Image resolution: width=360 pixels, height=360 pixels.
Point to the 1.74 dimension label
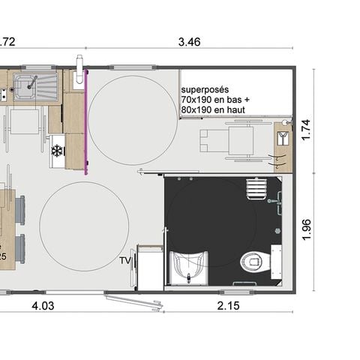[305, 129]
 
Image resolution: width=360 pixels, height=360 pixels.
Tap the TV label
[126, 261]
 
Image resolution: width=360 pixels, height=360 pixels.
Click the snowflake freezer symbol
[55, 151]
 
